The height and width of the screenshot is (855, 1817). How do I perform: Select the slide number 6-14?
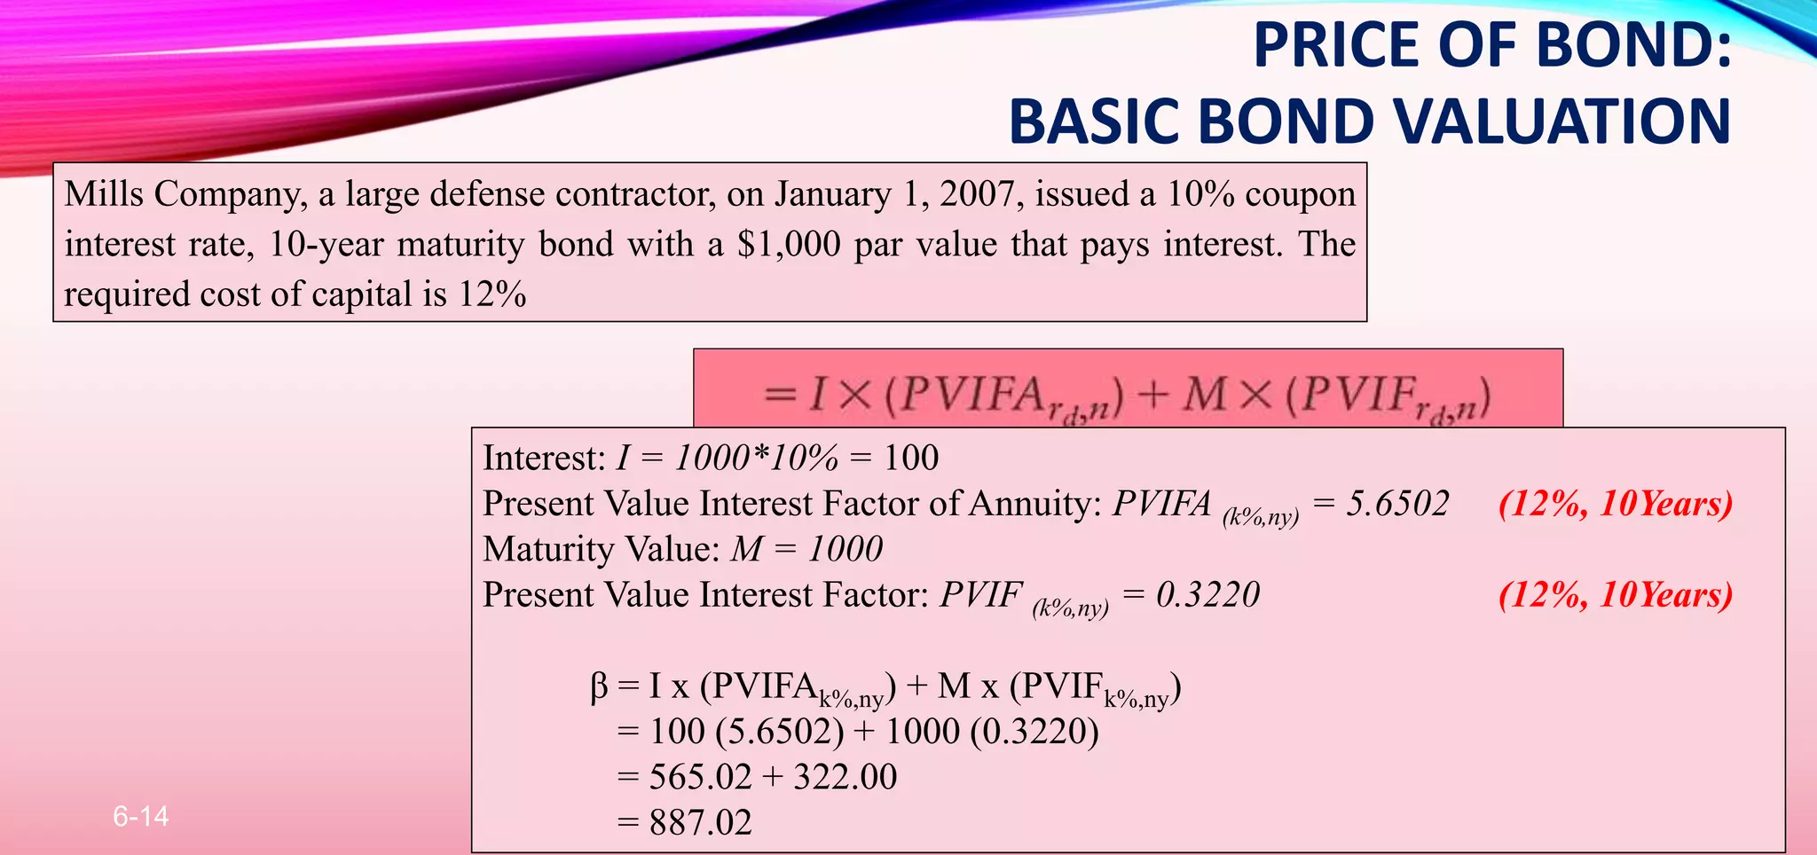tap(141, 816)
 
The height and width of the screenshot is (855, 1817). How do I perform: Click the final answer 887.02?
tap(700, 822)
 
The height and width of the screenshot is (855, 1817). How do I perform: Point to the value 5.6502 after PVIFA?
tap(1397, 504)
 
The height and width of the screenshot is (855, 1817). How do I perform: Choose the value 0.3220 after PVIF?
tap(1207, 594)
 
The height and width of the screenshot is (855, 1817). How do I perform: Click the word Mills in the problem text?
tap(104, 193)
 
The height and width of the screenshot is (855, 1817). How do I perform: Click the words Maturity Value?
tap(598, 549)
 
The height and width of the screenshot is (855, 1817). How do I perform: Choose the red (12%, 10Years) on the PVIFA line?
tap(1615, 504)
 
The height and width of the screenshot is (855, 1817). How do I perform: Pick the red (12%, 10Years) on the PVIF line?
tap(1615, 594)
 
